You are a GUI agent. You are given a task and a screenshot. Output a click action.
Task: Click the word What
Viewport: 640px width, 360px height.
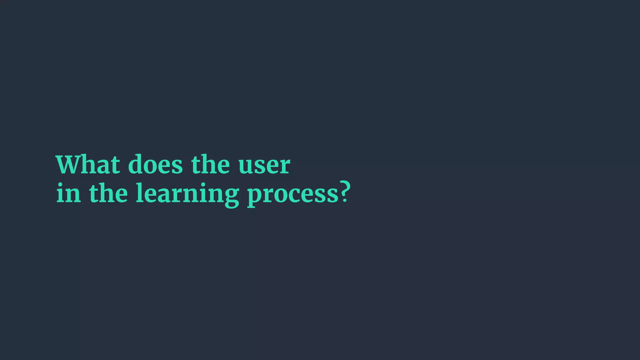click(88, 164)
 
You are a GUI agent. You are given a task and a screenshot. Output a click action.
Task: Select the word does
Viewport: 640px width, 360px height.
click(155, 164)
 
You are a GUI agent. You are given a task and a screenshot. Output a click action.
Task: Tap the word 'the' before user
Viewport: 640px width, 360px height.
click(210, 164)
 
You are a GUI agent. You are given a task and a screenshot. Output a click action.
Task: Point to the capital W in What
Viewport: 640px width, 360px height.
click(70, 164)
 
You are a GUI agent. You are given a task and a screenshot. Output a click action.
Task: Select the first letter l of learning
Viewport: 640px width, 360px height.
click(139, 192)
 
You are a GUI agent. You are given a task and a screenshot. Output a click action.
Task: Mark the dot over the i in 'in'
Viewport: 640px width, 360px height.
click(61, 185)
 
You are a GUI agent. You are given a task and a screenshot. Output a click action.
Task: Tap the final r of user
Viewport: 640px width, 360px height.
click(284, 166)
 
